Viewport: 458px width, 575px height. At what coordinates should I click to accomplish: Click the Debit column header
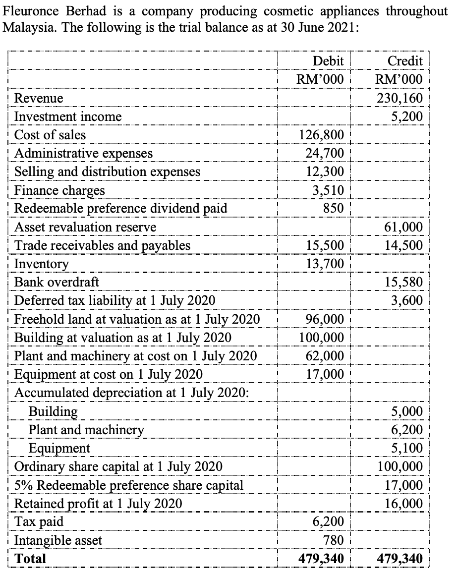[329, 61]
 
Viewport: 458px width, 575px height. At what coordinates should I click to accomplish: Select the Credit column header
[405, 61]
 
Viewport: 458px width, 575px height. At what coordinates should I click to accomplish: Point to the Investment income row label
[68, 116]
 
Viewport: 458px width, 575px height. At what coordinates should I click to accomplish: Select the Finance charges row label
[59, 190]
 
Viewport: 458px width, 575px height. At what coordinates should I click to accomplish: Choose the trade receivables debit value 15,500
[326, 245]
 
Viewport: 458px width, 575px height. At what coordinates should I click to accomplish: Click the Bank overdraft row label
[57, 282]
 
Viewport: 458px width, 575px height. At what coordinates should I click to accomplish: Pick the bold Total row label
[30, 559]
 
